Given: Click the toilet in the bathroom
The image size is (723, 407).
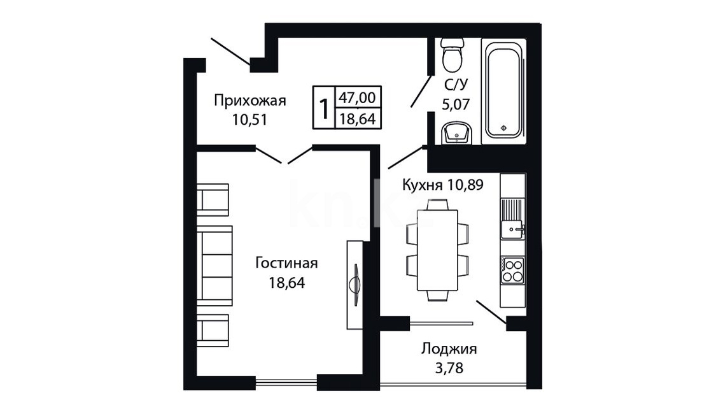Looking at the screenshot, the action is [452, 54].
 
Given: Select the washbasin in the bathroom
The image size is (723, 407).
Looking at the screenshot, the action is [456, 133].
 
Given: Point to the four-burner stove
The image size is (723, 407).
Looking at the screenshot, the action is [513, 271].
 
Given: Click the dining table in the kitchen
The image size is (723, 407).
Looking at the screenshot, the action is [437, 250].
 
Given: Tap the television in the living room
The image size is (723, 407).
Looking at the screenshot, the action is [355, 284].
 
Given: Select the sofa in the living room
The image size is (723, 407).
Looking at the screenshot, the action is [215, 265].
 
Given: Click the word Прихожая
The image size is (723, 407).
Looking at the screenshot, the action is [250, 101].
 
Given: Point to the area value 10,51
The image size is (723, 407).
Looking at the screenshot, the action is [250, 120].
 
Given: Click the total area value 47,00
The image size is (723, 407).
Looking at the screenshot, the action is [357, 97].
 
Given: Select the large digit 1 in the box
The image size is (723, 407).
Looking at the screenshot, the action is [325, 109].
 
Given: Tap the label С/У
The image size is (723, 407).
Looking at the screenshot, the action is [456, 85].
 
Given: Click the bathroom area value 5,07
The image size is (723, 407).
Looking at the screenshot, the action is [456, 104].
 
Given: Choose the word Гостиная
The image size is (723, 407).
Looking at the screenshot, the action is [287, 263].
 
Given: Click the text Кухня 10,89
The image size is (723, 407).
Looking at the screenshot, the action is [443, 185].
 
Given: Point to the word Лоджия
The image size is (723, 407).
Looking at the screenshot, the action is [449, 349].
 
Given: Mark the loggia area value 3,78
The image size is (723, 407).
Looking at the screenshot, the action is [449, 368].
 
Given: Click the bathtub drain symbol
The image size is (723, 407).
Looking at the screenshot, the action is [503, 128].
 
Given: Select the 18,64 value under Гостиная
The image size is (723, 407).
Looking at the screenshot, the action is [287, 282].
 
